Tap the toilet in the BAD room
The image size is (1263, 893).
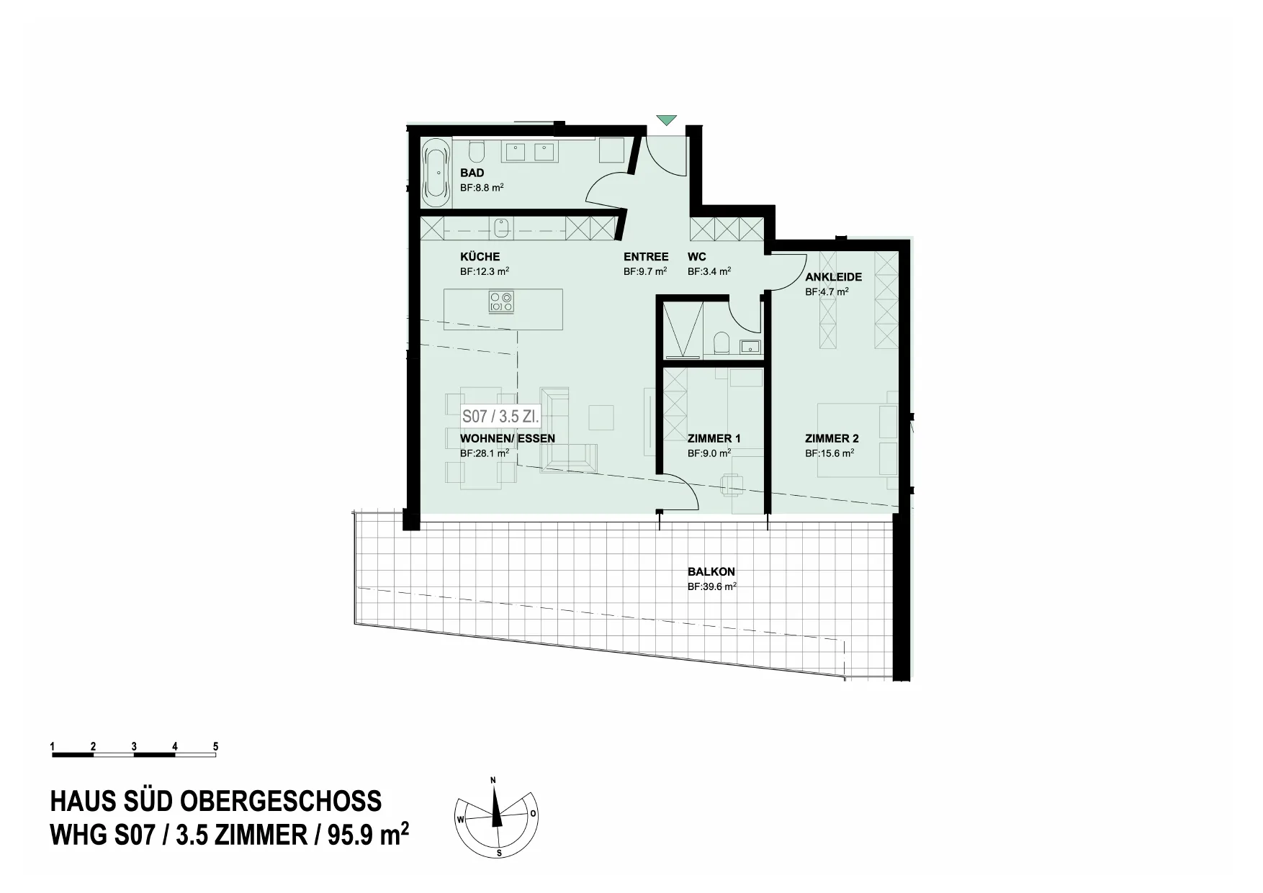click(476, 151)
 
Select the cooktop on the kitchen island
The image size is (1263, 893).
click(501, 301)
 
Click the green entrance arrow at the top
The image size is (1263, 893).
click(667, 120)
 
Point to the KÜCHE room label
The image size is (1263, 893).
click(480, 257)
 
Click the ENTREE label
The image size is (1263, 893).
click(646, 257)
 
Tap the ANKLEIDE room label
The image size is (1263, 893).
click(833, 277)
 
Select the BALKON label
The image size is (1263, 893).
click(711, 572)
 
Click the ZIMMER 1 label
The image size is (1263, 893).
click(714, 438)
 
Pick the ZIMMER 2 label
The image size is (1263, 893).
click(832, 438)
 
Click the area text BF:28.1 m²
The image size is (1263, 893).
click(485, 453)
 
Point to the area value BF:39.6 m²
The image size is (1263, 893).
click(712, 586)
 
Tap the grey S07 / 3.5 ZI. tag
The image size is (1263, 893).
click(500, 417)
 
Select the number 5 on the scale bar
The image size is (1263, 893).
click(215, 747)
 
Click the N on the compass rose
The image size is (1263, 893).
click(493, 780)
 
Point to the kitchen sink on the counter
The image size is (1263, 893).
click(502, 228)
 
